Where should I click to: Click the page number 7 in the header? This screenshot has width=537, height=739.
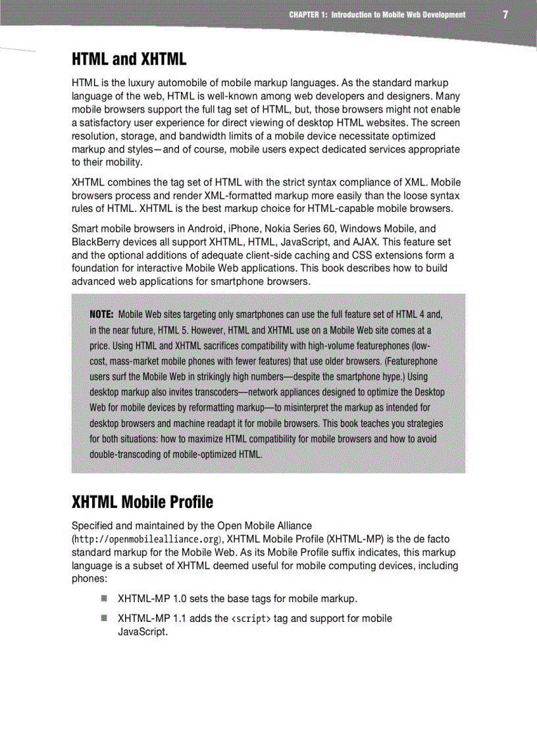click(x=505, y=14)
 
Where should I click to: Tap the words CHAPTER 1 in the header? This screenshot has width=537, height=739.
click(x=308, y=14)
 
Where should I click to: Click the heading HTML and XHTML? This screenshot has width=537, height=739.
click(x=129, y=60)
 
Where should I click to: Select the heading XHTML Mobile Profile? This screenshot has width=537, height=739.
click(x=142, y=503)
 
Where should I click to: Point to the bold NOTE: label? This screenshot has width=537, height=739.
click(x=102, y=313)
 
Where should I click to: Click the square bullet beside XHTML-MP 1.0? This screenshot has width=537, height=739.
click(x=104, y=598)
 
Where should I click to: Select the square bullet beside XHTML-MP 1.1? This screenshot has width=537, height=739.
click(x=104, y=618)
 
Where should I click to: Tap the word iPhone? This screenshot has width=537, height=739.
click(x=243, y=229)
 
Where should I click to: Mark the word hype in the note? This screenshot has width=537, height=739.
click(x=387, y=376)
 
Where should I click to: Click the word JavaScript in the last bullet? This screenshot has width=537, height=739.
click(x=141, y=632)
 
